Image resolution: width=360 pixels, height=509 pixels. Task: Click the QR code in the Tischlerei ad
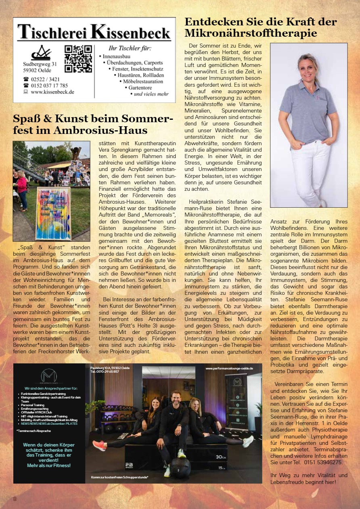(x=78, y=58)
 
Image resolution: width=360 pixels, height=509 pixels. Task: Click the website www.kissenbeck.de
(x=52, y=92)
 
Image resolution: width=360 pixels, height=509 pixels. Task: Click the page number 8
(x=15, y=499)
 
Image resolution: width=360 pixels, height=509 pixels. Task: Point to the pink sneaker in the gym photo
(x=99, y=445)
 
